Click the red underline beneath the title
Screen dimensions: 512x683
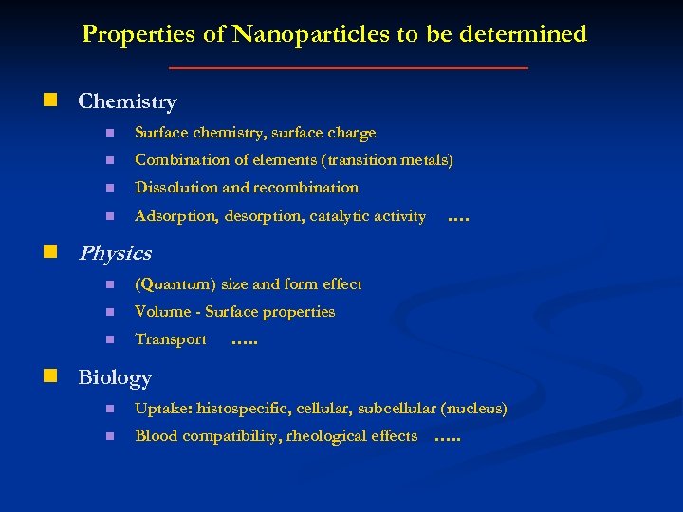347,68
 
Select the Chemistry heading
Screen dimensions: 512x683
127,101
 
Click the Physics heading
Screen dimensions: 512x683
115,253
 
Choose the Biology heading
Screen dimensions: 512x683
115,377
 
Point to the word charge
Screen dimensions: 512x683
353,133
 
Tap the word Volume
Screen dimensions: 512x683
159,312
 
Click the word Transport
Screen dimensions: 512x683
171,339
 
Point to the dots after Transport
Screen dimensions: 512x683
244,340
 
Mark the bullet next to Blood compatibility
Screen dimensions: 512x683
109,436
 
